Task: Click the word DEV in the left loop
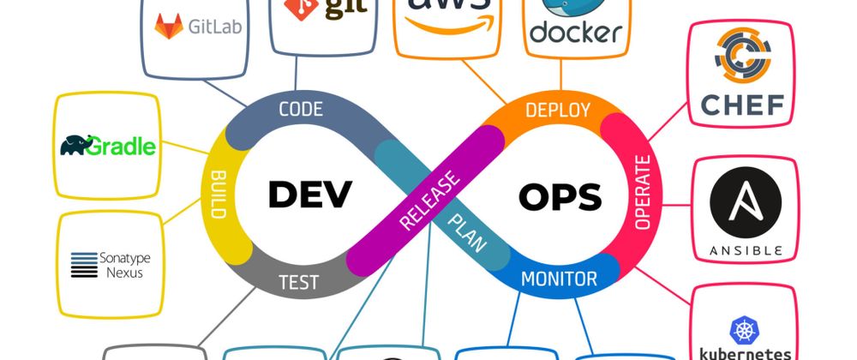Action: pyautogui.click(x=309, y=194)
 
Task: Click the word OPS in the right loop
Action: pyautogui.click(x=560, y=196)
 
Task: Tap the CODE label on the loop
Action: pyautogui.click(x=300, y=109)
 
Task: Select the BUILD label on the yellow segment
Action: pyautogui.click(x=218, y=195)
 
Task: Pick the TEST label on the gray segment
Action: pyautogui.click(x=298, y=281)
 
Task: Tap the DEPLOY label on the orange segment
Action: pyautogui.click(x=557, y=109)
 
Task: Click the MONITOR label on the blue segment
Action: pyautogui.click(x=559, y=279)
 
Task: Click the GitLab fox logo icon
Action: pyautogui.click(x=169, y=26)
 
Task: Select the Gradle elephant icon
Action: pyautogui.click(x=77, y=145)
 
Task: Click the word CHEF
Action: pyautogui.click(x=742, y=105)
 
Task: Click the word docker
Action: pyautogui.click(x=575, y=33)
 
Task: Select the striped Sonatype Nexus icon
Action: pyautogui.click(x=85, y=265)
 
